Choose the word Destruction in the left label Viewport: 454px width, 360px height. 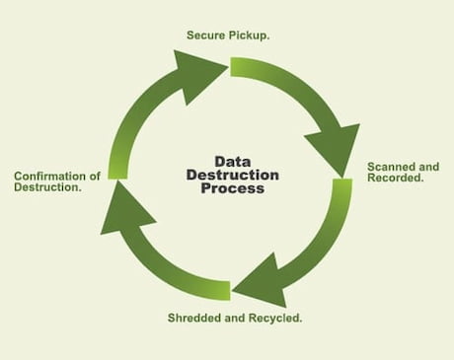click(46, 187)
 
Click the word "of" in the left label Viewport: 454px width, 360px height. click(96, 176)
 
